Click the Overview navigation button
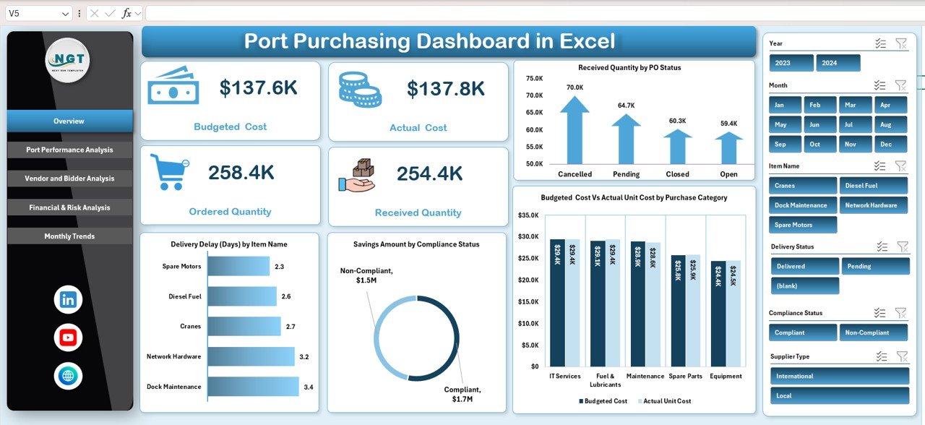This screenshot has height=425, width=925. click(69, 121)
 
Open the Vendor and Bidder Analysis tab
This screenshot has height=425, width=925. click(69, 179)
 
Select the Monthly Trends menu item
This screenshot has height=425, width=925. click(69, 236)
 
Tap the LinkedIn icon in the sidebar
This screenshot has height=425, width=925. click(68, 300)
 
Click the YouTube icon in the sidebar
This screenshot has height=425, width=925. click(68, 338)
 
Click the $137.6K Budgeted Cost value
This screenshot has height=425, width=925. click(258, 88)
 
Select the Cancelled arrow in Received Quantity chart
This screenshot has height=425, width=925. click(575, 130)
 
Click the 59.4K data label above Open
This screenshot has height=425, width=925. click(728, 124)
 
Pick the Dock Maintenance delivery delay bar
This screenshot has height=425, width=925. click(253, 387)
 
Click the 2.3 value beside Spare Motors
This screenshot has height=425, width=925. click(280, 267)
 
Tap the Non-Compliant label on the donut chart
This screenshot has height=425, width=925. click(366, 275)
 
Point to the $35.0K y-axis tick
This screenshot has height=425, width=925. click(529, 215)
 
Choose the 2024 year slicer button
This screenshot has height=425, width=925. click(838, 63)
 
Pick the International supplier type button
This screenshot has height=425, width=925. click(839, 376)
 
